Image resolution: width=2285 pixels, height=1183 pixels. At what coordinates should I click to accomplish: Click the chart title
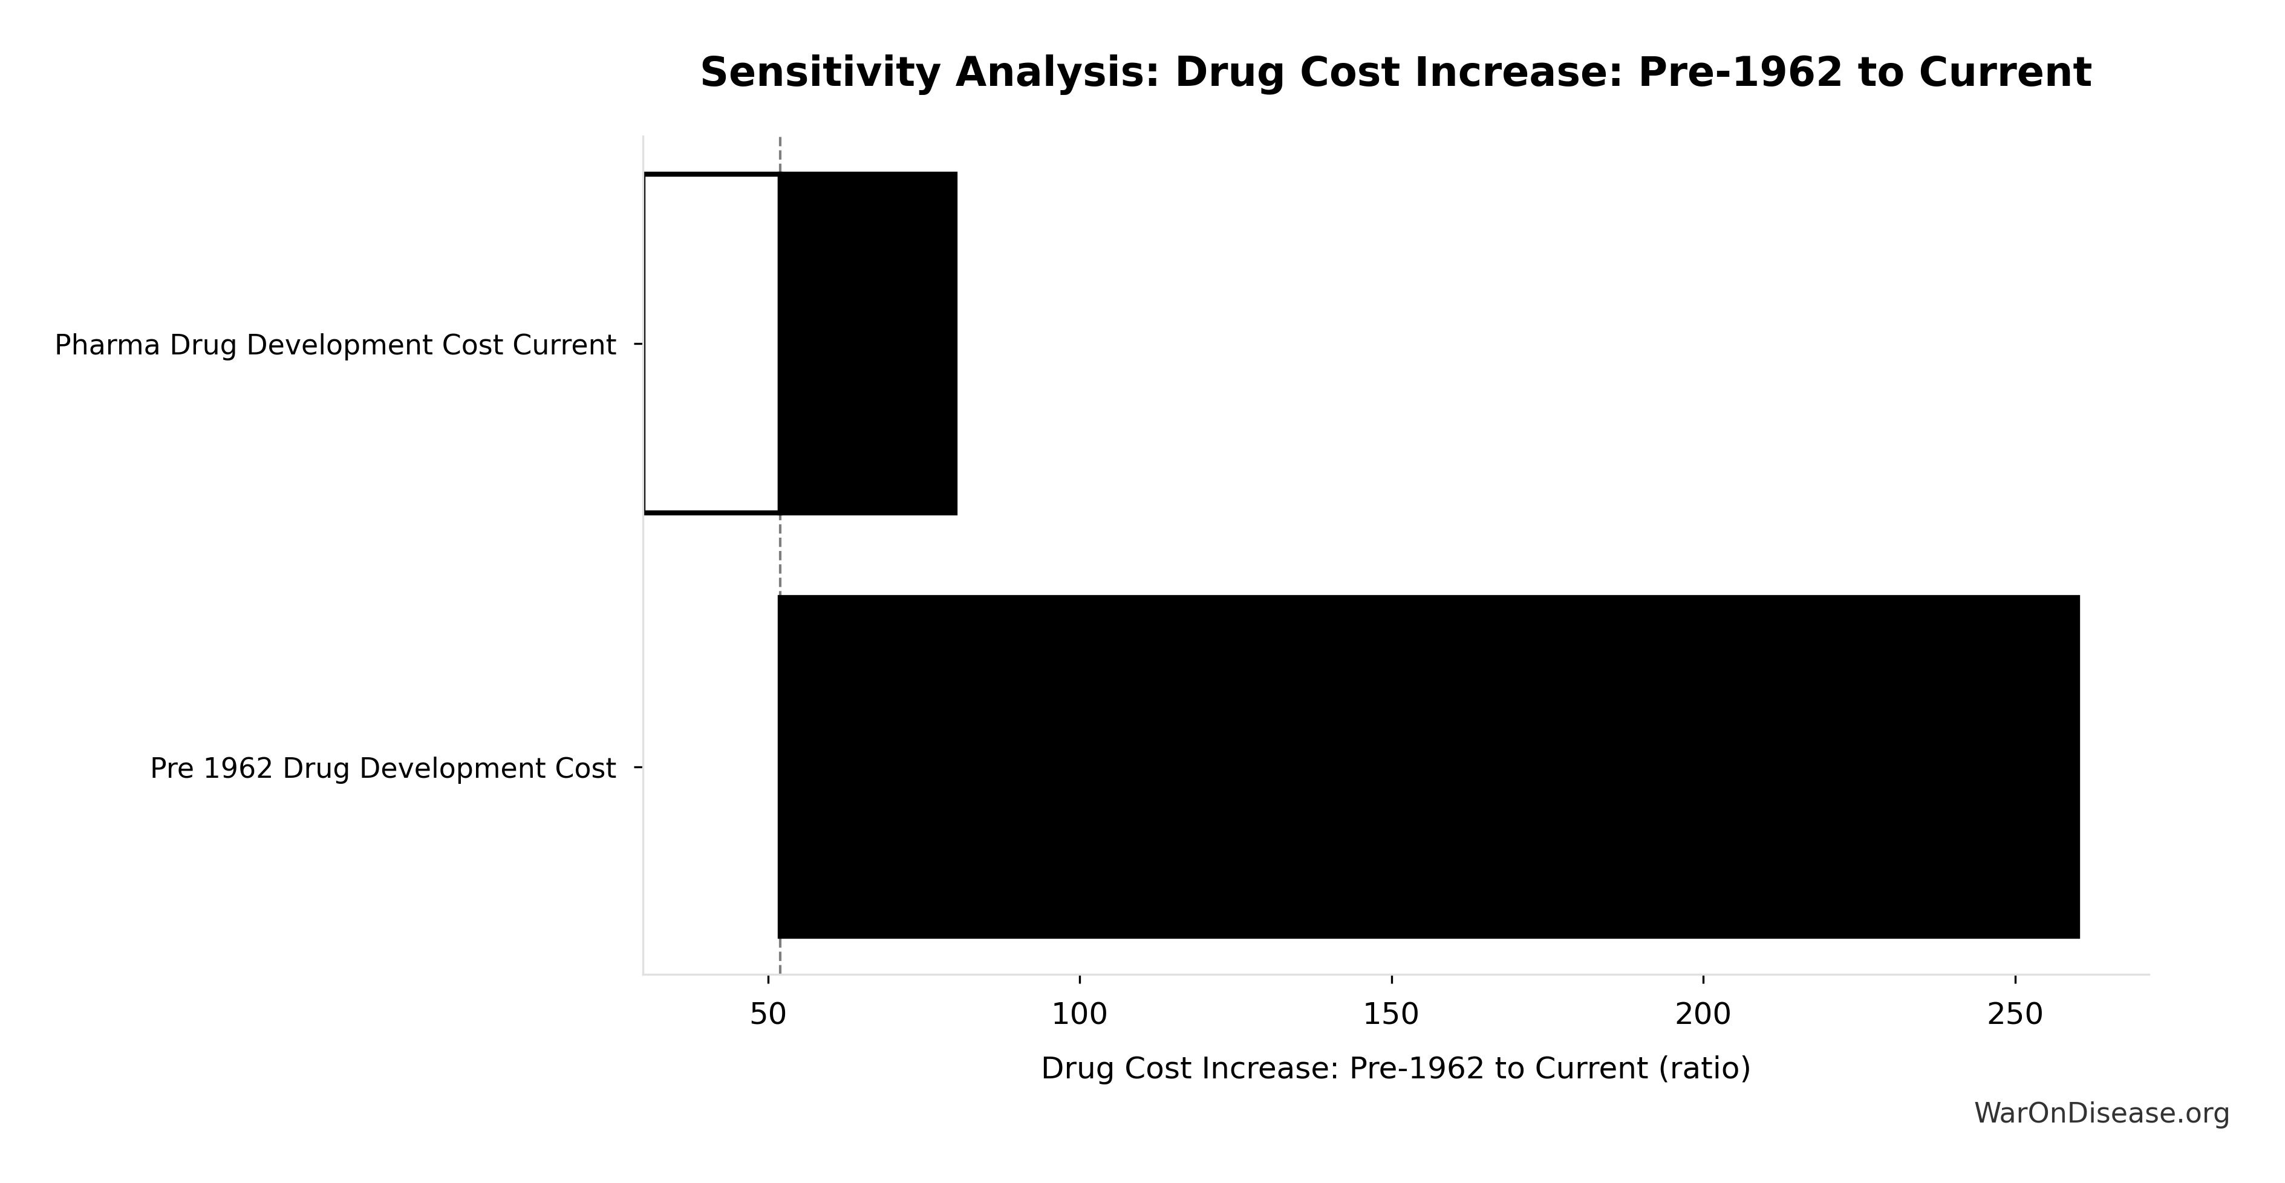(x=1395, y=73)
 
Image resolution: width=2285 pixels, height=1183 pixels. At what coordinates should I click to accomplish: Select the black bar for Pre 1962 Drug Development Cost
(x=1428, y=766)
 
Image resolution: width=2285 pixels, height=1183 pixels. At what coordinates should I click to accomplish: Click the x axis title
(x=1395, y=1069)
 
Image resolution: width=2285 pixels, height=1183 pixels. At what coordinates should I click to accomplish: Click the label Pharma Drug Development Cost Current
(x=335, y=345)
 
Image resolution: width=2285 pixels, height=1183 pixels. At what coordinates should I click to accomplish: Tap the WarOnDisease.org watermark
(x=2101, y=1114)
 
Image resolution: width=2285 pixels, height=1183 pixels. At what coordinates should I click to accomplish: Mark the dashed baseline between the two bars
(x=780, y=554)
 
